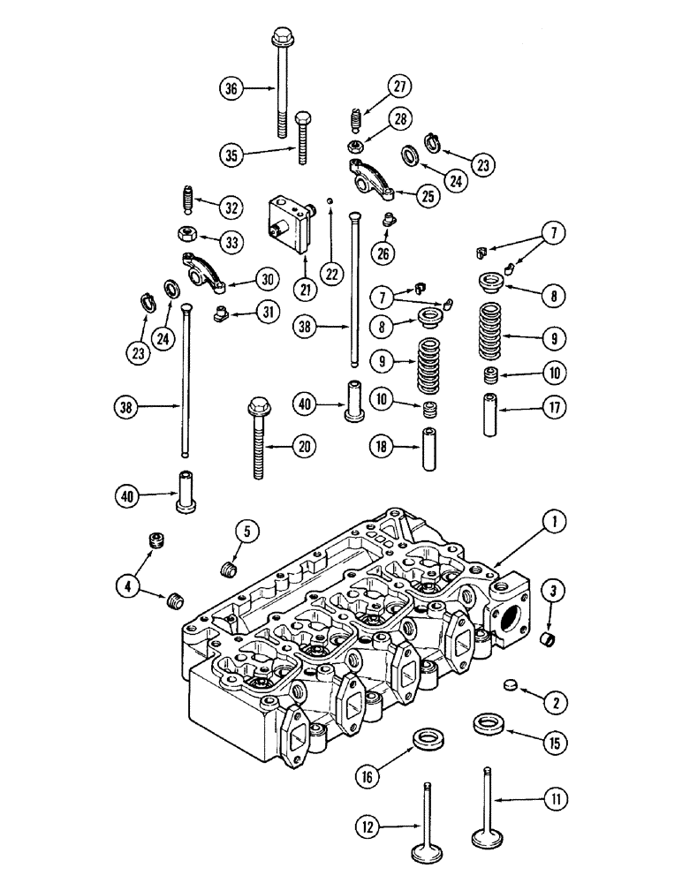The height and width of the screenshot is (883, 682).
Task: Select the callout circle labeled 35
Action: (231, 154)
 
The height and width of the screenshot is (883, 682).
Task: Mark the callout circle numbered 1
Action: (553, 523)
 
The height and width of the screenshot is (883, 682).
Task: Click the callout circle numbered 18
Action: (382, 448)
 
